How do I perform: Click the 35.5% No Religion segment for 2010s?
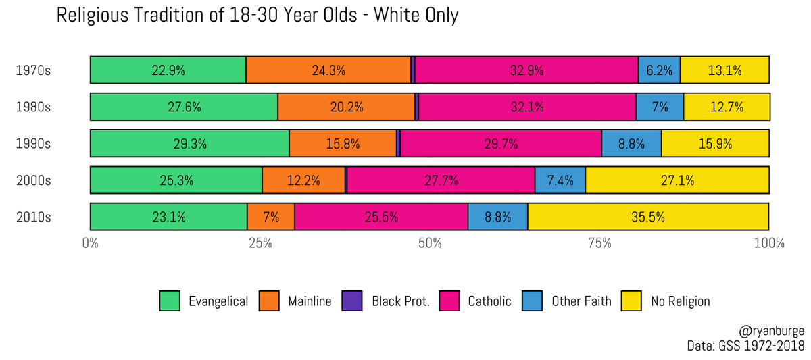(x=648, y=217)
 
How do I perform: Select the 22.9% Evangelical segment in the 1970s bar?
(x=168, y=70)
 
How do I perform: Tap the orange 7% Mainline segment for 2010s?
(x=270, y=217)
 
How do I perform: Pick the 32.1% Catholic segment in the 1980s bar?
(x=527, y=107)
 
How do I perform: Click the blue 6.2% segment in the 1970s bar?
(x=659, y=70)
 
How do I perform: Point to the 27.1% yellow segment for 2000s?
(x=677, y=180)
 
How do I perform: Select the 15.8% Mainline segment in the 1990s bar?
(x=343, y=143)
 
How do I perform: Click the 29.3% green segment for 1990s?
(x=189, y=143)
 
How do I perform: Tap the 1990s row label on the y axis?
(x=33, y=144)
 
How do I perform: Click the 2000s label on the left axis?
(x=33, y=180)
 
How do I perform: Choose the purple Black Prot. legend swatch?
(x=351, y=301)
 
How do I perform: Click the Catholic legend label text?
(x=489, y=301)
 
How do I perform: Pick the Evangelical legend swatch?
(x=170, y=301)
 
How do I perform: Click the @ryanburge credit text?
(x=772, y=332)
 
